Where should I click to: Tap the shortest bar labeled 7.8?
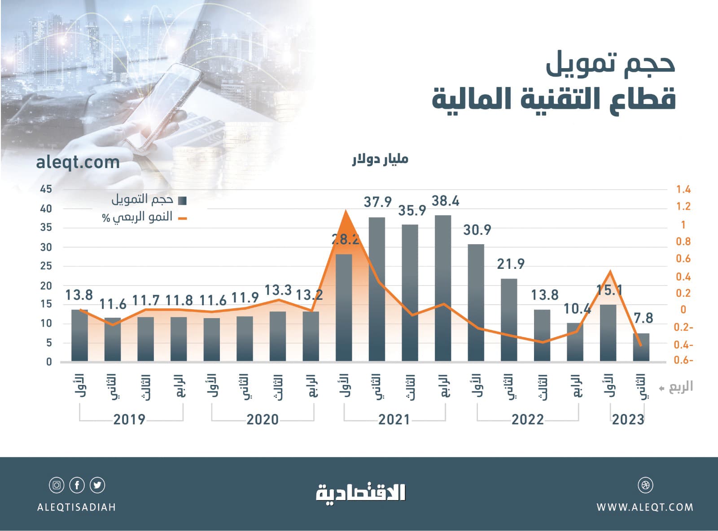click(x=641, y=347)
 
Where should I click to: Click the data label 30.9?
click(x=477, y=230)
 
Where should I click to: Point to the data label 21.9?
click(x=511, y=264)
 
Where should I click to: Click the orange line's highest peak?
click(x=345, y=211)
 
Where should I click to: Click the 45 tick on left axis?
click(x=46, y=189)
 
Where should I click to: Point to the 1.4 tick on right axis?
click(x=683, y=190)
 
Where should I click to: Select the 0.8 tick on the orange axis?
click(x=683, y=242)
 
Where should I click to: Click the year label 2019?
click(x=129, y=419)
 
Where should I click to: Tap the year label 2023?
click(x=628, y=419)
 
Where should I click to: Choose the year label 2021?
click(x=394, y=419)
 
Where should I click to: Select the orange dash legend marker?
click(x=182, y=219)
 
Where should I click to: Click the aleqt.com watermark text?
click(x=78, y=162)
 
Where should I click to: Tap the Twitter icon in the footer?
click(x=97, y=485)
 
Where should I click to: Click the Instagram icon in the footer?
click(x=57, y=485)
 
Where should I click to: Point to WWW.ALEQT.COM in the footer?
click(x=645, y=507)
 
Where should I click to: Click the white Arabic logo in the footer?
click(x=361, y=493)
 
